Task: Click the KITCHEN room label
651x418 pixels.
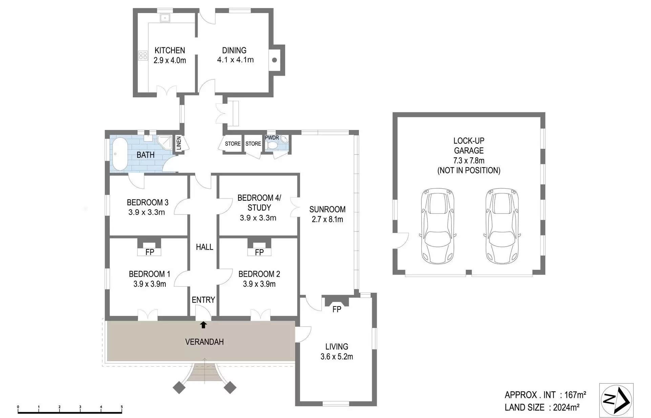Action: (170, 50)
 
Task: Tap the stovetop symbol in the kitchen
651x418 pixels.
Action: (143, 56)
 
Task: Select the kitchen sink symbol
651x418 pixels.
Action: (165, 18)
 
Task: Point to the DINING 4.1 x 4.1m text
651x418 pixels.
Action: (235, 55)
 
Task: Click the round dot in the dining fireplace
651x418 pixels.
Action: (275, 60)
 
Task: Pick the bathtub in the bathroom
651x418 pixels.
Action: (120, 154)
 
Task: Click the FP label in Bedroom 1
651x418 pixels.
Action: (150, 252)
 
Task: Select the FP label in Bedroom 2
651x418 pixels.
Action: (259, 252)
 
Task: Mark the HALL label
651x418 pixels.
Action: (205, 247)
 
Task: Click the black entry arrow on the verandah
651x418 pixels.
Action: (203, 325)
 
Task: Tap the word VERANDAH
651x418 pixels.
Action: (205, 342)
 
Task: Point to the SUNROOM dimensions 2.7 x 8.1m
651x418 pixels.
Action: (328, 219)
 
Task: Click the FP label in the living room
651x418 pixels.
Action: (337, 309)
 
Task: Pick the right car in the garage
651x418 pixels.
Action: (502, 226)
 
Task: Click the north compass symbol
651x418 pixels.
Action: (616, 400)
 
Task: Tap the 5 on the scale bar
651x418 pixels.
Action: (122, 407)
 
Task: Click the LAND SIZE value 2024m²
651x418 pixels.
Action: (566, 407)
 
